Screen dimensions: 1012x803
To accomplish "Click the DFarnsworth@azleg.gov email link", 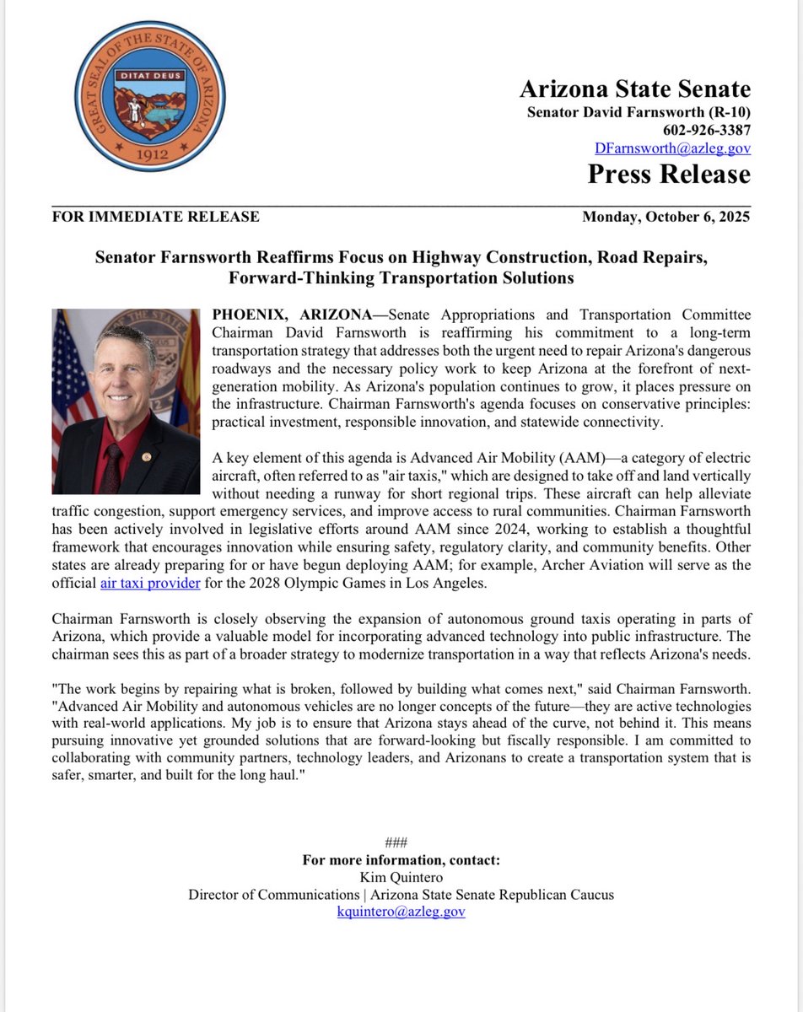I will [673, 148].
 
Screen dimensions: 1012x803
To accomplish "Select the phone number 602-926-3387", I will [706, 130].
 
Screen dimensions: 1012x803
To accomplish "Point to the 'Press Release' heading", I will [669, 174].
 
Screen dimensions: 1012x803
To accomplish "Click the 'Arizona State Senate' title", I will [635, 89].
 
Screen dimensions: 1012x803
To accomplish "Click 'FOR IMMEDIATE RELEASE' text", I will [156, 217].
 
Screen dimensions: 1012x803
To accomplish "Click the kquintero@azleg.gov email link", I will [401, 911].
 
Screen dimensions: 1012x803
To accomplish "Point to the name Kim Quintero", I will [401, 877].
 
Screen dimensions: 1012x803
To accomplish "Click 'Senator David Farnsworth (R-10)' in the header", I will [639, 112].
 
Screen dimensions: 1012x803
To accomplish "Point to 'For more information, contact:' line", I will [401, 860].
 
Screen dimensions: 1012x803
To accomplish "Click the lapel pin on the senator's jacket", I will [147, 456].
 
